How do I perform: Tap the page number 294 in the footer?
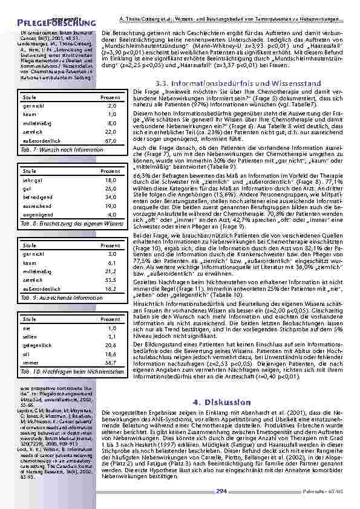click(x=221, y=491)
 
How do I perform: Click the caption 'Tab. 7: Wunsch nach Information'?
click(x=54, y=149)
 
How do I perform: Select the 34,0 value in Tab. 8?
click(x=111, y=196)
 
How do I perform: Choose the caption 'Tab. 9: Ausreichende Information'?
click(x=54, y=297)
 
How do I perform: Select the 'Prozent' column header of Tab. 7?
click(x=110, y=97)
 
